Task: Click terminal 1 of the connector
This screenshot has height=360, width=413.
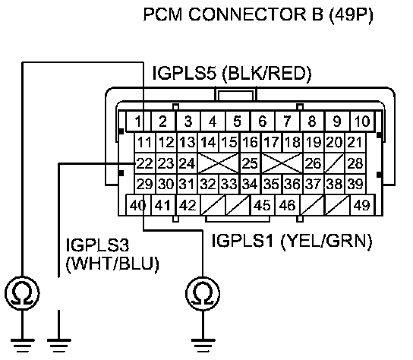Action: tap(138, 122)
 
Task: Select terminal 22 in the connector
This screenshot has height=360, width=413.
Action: tap(145, 163)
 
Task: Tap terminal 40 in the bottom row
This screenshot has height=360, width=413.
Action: tap(138, 205)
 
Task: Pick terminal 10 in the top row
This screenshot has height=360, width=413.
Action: tap(362, 122)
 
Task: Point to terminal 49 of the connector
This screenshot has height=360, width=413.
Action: tap(362, 205)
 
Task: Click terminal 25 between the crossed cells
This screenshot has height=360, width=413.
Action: tap(250, 163)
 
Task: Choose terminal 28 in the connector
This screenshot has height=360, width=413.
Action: tap(355, 163)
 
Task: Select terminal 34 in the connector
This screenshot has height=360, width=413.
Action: tap(250, 184)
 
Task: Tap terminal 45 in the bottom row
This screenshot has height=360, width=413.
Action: tap(263, 205)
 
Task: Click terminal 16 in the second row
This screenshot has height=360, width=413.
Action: tap(250, 143)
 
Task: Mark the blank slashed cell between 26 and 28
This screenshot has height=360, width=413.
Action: tap(334, 163)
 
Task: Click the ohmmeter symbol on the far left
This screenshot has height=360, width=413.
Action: tap(22, 293)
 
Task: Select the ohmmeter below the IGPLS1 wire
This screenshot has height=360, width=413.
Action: tap(203, 293)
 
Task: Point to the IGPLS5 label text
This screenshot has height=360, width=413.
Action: tap(184, 73)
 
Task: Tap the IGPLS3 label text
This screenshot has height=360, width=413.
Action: tap(97, 245)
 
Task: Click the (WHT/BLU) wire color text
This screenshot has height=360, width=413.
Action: tap(112, 264)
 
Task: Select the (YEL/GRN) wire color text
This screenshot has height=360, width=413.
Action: tap(326, 241)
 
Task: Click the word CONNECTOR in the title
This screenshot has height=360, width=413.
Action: tap(247, 14)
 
